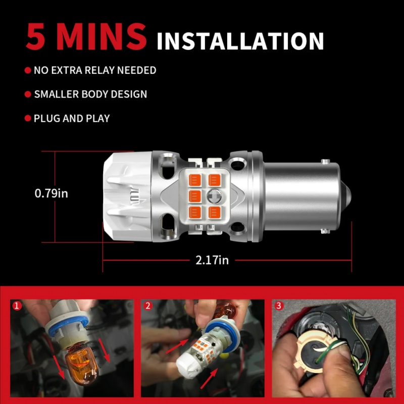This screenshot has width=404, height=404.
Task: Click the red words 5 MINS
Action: click(x=86, y=36)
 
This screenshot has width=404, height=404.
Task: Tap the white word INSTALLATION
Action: click(x=240, y=41)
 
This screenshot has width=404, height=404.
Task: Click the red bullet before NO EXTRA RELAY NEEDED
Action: click(x=28, y=70)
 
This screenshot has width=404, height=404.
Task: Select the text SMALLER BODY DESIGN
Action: click(x=90, y=94)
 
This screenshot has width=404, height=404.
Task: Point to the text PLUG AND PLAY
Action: click(x=72, y=119)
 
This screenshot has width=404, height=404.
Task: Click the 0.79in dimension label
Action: click(x=52, y=193)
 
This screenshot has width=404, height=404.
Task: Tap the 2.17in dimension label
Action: click(x=212, y=260)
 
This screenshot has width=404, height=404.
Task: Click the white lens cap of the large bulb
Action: click(x=128, y=196)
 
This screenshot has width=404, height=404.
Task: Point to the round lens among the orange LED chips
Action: click(x=214, y=196)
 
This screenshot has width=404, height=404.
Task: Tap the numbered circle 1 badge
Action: click(x=17, y=306)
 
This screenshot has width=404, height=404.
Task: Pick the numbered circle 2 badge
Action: click(x=147, y=306)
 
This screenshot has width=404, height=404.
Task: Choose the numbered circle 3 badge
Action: click(x=279, y=306)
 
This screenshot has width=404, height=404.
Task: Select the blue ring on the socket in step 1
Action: click(x=68, y=325)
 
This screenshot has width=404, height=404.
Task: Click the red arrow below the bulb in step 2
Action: click(x=209, y=378)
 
